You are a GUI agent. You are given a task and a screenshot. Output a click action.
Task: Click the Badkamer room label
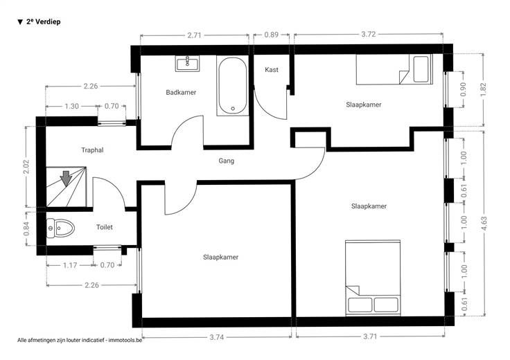pyautogui.click(x=181, y=92)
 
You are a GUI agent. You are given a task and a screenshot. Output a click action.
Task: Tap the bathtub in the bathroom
pyautogui.click(x=233, y=86)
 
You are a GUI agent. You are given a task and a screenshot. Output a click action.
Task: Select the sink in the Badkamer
pyautogui.click(x=187, y=64)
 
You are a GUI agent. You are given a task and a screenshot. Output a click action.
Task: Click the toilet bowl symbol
pyautogui.click(x=60, y=228)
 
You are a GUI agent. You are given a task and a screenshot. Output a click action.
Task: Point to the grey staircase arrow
pyautogui.click(x=66, y=179)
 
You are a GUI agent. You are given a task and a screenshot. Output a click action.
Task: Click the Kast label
pyautogui.click(x=271, y=69)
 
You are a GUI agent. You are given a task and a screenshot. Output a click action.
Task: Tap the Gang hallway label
pyautogui.click(x=226, y=161)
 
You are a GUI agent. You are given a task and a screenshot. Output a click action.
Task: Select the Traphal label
pyautogui.click(x=92, y=150)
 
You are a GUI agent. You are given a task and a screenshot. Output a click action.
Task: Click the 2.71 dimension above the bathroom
pyautogui.click(x=194, y=35)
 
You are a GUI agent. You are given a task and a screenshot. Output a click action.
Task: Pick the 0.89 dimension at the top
pyautogui.click(x=271, y=35)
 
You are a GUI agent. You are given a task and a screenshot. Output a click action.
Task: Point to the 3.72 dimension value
pyautogui.click(x=369, y=34)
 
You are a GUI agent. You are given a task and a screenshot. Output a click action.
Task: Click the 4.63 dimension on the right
pyautogui.click(x=484, y=224)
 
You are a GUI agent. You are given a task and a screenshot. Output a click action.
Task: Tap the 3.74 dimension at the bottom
pyautogui.click(x=216, y=337)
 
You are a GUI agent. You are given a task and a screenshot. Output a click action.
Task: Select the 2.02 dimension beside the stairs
pyautogui.click(x=26, y=166)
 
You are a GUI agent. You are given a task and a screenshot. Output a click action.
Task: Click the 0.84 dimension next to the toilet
pyautogui.click(x=26, y=228)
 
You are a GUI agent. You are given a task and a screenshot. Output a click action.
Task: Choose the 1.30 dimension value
pyautogui.click(x=71, y=106)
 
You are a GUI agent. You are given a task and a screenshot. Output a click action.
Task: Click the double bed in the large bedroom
pyautogui.click(x=373, y=278)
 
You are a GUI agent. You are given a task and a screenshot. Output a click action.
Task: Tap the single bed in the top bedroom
pyautogui.click(x=394, y=69)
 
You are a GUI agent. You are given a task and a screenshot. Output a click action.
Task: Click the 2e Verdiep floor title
pyautogui.click(x=39, y=21)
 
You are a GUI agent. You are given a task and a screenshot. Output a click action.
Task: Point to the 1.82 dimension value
pyautogui.click(x=484, y=90)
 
